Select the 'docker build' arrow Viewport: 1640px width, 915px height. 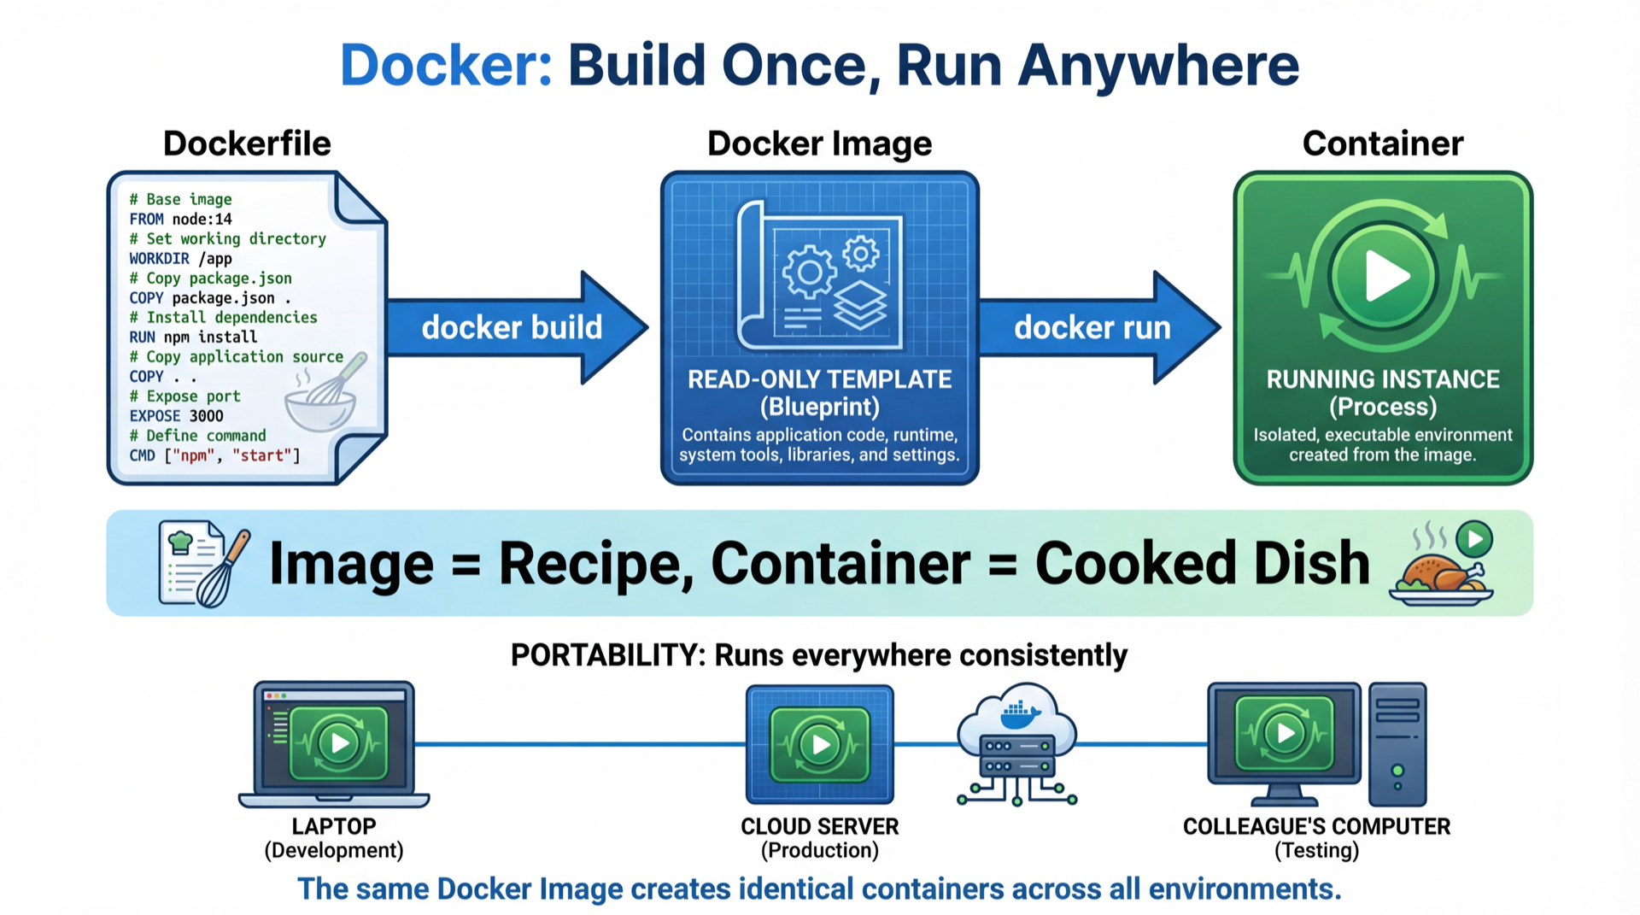(x=512, y=327)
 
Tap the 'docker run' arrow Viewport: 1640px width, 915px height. (x=1093, y=327)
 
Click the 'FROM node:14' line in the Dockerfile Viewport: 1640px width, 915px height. (x=180, y=219)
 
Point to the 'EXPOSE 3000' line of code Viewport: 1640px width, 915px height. (x=176, y=416)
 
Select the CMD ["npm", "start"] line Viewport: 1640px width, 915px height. (x=214, y=455)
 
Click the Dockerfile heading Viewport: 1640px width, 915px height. (x=247, y=144)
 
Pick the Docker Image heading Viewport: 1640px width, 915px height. (x=819, y=144)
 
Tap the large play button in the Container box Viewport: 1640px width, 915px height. (x=1383, y=276)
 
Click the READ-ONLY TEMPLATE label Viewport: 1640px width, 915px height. (x=819, y=379)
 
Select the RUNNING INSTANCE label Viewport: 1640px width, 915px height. (x=1382, y=379)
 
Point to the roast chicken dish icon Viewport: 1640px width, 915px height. (x=1441, y=577)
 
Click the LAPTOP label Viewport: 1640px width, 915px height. (x=333, y=826)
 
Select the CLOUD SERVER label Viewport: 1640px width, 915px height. (x=819, y=826)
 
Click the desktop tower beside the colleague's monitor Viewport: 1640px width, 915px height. (x=1397, y=744)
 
